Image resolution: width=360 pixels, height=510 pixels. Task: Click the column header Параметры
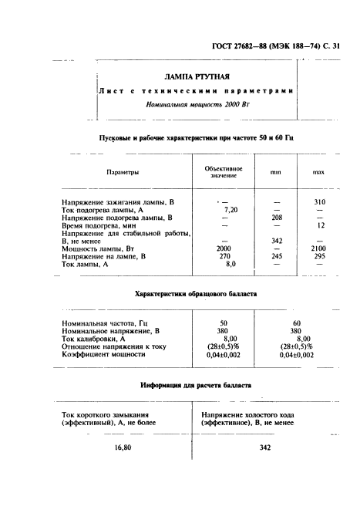pos(123,172)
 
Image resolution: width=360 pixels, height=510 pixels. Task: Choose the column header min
pos(275,172)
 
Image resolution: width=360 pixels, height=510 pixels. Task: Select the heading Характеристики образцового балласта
pos(196,294)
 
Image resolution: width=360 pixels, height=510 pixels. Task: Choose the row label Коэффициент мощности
pos(103,353)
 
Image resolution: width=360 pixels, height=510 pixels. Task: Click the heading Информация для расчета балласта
pos(196,384)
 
